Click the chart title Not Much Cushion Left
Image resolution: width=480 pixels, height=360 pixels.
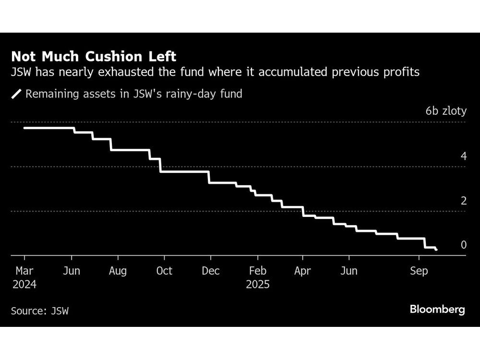tap(94, 57)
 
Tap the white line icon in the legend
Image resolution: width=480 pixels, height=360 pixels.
tap(17, 94)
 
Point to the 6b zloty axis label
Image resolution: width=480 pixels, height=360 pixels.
tap(445, 111)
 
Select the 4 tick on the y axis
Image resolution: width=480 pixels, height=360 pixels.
tap(463, 156)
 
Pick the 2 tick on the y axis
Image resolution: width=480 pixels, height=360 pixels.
tap(463, 201)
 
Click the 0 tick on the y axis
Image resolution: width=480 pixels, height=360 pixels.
tap(463, 245)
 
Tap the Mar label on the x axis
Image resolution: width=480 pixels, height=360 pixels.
tap(24, 271)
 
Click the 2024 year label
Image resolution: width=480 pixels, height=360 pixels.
tap(24, 284)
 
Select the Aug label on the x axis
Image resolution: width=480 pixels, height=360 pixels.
tap(118, 271)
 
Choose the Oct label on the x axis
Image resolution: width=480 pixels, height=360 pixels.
tap(164, 271)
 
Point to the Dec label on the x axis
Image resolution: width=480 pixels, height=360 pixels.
tap(211, 271)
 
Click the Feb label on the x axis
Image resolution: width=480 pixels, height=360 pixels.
tap(258, 271)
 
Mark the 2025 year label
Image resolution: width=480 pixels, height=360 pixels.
tap(258, 284)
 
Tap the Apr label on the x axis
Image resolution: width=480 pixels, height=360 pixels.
tap(302, 271)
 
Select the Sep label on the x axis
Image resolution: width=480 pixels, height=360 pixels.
tap(419, 271)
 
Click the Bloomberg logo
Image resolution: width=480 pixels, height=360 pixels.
tap(437, 310)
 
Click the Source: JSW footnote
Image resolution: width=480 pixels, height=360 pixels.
tap(40, 311)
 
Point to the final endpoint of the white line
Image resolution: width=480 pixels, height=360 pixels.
tap(436, 250)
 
